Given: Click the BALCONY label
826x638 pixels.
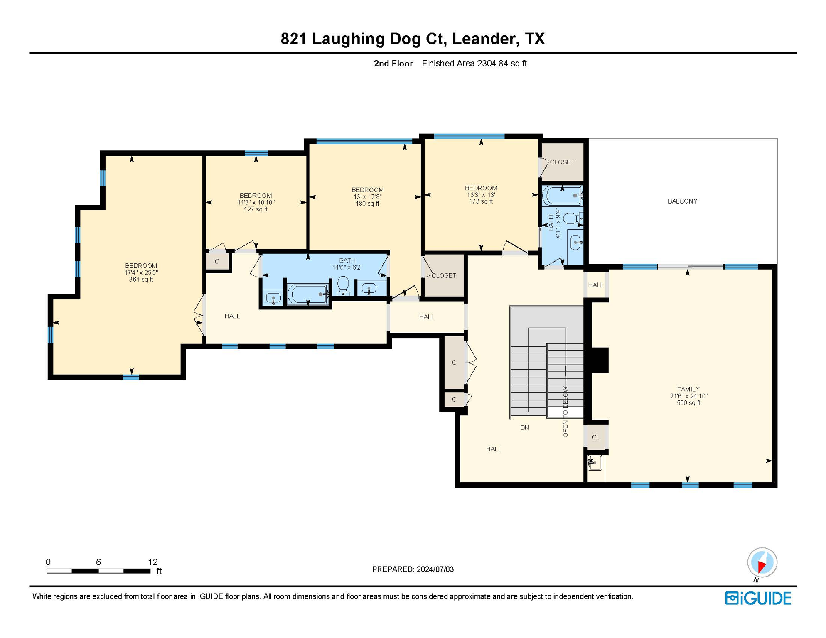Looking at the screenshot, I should point(682,201).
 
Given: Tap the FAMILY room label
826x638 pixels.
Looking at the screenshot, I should point(688,389).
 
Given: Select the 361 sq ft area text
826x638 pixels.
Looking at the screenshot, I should point(141,280).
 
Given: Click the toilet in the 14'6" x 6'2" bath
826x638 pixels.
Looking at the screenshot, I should point(343,285).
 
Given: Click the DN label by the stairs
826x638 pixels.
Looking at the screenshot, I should point(524,427).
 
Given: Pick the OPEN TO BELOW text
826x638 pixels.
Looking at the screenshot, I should point(565,412).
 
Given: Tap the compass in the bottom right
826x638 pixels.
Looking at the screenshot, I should point(762,562).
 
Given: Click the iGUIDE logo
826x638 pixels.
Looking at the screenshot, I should point(758,598).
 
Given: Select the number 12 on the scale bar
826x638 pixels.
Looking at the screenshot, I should point(152,562).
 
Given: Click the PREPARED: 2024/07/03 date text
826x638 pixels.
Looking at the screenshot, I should point(413,569).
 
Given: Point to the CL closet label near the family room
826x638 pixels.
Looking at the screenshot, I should point(595,437).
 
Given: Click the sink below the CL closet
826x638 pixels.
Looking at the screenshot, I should point(595,463).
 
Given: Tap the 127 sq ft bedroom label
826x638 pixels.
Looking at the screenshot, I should point(256,209).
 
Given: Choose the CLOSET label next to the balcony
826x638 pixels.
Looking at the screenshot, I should point(562,162).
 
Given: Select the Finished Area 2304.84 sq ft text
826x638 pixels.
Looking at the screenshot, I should point(474,64).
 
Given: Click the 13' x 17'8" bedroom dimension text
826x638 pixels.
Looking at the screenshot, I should point(367,197).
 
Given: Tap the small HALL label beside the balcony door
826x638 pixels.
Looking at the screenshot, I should point(595,285).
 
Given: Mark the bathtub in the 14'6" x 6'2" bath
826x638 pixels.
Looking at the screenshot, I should point(307,294).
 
